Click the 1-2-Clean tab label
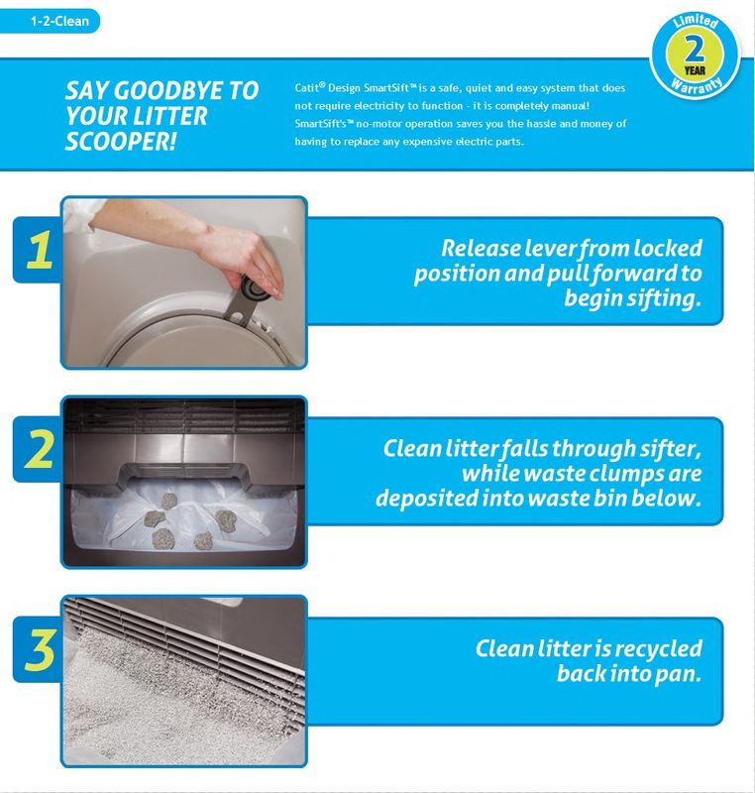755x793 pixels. coord(59,21)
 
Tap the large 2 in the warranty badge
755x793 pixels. coord(695,49)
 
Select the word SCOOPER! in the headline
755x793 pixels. coord(121,141)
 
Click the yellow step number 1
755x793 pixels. coord(40,250)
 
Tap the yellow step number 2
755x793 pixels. coord(39,449)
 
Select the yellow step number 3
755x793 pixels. coord(40,649)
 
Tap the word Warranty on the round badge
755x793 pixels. coord(696,86)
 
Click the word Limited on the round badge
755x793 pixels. coord(696,21)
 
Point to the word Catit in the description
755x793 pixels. coord(307,87)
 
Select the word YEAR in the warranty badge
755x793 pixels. coord(695,69)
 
